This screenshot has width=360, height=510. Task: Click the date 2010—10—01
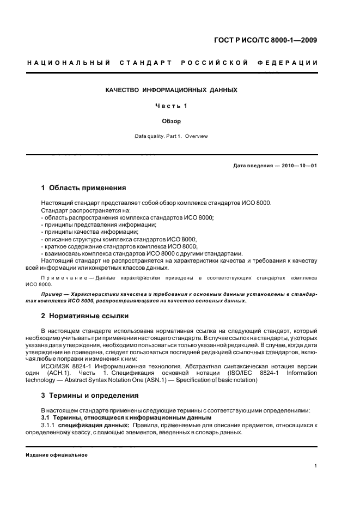[x=299, y=165]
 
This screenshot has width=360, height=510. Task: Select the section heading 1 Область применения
[x=84, y=188]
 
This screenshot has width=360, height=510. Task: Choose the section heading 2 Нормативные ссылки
[x=87, y=316]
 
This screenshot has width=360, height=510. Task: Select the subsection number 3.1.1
[x=48, y=424]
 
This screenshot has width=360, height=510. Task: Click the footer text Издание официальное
[x=57, y=454]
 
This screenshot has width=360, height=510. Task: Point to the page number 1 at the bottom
[x=316, y=466]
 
